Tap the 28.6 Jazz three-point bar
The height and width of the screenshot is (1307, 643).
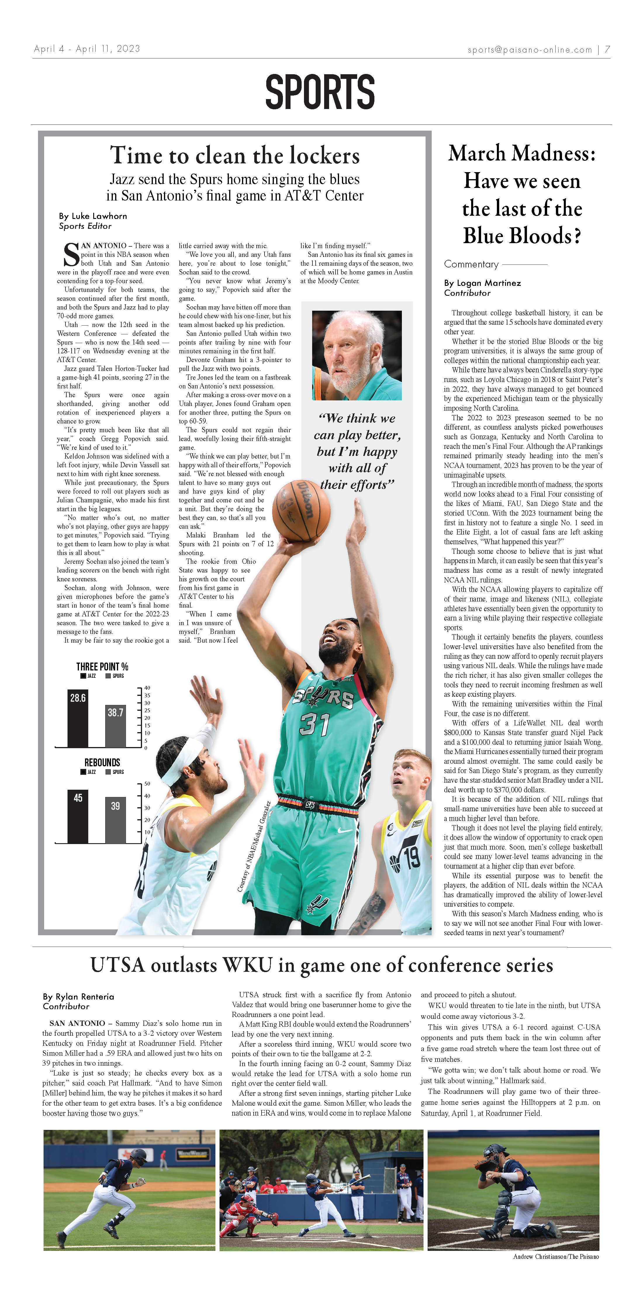click(78, 718)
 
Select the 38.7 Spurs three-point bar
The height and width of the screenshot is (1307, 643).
click(115, 726)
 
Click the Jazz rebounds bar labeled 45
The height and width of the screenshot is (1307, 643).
click(78, 816)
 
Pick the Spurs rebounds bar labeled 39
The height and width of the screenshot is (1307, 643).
click(115, 820)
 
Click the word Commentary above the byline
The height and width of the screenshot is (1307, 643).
click(471, 264)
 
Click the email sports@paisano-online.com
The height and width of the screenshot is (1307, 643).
click(530, 50)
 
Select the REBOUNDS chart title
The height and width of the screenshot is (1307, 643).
click(102, 762)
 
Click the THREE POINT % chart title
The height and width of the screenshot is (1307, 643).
click(102, 666)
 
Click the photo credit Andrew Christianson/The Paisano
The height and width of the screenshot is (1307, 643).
click(556, 1256)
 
